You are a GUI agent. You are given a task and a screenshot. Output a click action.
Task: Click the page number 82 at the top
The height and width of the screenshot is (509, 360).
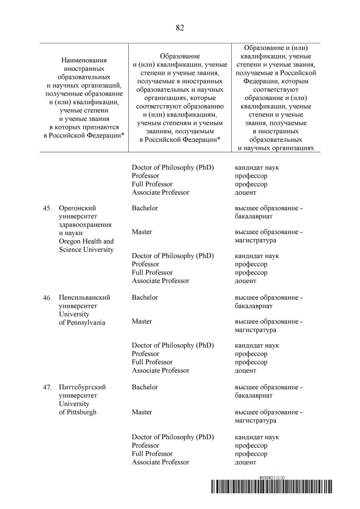pos(180,28)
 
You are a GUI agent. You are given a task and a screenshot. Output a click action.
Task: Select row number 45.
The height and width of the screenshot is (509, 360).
pos(47,209)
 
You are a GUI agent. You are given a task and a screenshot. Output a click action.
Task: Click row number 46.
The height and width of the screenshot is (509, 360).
pos(47,298)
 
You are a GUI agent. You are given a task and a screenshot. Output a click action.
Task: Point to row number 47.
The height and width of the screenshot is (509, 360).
pos(47,388)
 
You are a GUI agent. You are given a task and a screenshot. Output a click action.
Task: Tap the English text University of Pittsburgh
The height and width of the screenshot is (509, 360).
pos(78,408)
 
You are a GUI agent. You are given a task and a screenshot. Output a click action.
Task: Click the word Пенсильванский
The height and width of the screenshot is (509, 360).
pos(84,298)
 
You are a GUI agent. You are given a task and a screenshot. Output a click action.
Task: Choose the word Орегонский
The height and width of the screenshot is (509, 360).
pos(78,209)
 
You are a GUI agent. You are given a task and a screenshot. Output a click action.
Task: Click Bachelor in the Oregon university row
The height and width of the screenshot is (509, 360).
pos(145,208)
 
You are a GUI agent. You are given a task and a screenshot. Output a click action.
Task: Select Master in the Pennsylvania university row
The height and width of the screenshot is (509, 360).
pos(142,322)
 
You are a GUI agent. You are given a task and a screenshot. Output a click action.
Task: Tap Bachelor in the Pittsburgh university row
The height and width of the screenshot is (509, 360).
pos(145,387)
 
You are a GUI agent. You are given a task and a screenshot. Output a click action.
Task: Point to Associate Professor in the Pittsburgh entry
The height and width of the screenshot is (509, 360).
pos(160,462)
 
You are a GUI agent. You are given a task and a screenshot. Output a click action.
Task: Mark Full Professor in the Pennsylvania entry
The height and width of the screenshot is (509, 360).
pos(152,362)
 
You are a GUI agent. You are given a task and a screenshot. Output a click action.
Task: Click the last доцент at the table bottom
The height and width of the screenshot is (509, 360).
pos(245,462)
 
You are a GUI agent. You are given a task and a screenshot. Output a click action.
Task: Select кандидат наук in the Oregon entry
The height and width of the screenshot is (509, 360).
pos(256,256)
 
